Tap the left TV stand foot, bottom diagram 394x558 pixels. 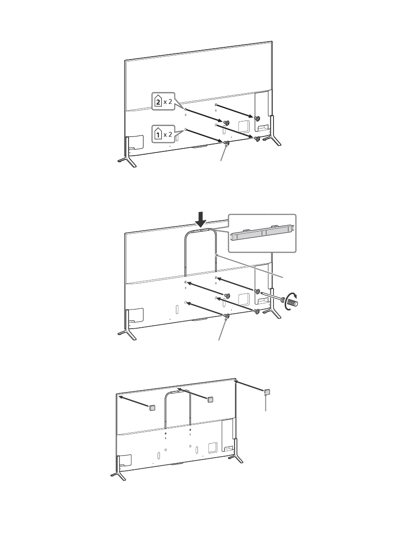[118, 476]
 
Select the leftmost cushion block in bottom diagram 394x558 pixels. [152, 408]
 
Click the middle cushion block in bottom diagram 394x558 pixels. [210, 399]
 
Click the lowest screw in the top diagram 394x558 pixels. [226, 143]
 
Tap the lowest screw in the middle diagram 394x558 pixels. [227, 317]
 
